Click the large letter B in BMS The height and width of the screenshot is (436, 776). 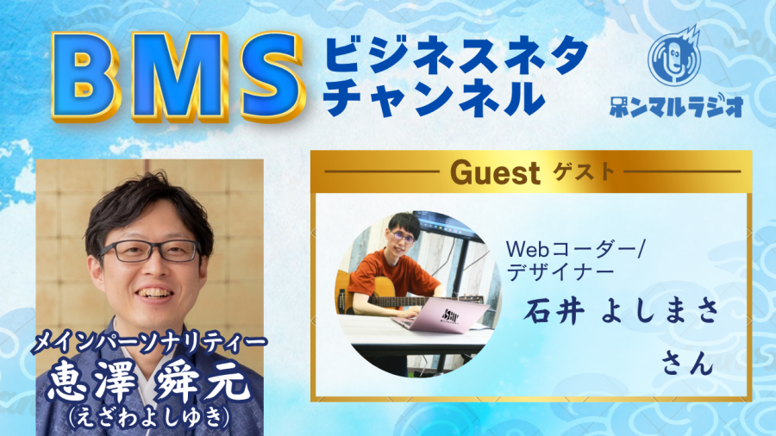point(85,77)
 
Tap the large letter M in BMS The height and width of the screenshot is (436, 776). point(175,77)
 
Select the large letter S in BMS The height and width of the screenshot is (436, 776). point(268,77)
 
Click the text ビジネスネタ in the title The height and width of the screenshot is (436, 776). point(456,55)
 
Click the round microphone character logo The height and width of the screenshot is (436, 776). point(675,56)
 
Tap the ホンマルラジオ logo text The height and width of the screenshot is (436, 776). point(676,105)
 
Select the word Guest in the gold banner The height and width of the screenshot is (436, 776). point(495,173)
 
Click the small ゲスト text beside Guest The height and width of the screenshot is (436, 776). point(584,171)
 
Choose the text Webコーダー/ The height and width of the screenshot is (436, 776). point(574,250)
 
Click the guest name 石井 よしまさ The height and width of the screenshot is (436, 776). point(622,313)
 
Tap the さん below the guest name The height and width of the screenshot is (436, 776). point(688,364)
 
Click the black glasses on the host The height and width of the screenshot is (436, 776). point(150,251)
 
